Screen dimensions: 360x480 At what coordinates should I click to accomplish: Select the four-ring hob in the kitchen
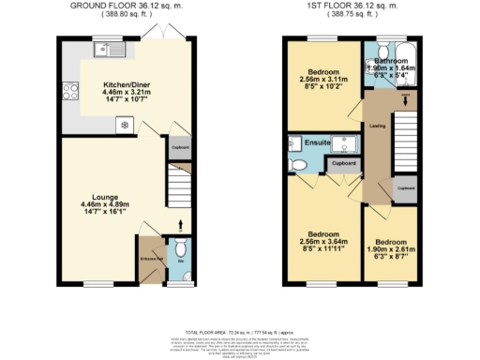coord(69,91)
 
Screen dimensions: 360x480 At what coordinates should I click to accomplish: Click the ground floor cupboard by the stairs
coord(178,146)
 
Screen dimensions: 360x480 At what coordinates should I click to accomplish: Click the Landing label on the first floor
coord(378,125)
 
